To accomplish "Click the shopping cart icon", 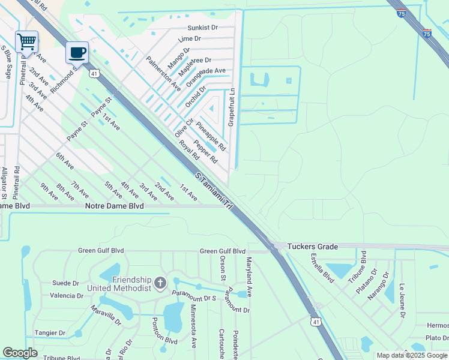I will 26,42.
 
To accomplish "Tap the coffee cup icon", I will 77,53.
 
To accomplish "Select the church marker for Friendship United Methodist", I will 160,282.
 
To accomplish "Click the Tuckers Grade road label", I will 312,247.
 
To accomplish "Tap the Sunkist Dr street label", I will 202,28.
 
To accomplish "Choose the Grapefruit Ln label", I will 231,108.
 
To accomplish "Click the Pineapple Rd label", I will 211,136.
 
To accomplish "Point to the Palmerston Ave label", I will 164,74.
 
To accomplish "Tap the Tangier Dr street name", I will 50,333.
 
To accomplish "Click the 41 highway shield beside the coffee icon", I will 94,73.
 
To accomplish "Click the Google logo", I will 20,353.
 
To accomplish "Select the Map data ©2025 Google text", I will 411,355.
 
